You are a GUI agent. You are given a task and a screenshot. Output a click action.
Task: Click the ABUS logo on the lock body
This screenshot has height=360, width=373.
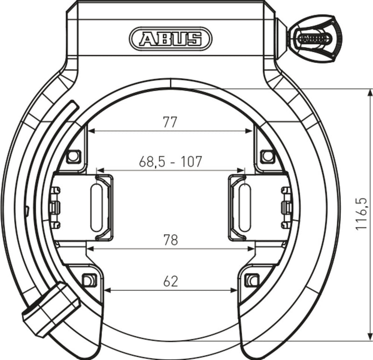pyautogui.click(x=170, y=38)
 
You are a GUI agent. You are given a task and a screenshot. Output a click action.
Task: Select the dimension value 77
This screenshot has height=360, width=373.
pyautogui.click(x=170, y=122)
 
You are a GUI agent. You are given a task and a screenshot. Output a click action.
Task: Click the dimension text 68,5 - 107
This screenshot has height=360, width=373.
pyautogui.click(x=170, y=162)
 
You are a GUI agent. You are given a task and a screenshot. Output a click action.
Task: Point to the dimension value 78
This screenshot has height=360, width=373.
pyautogui.click(x=170, y=240)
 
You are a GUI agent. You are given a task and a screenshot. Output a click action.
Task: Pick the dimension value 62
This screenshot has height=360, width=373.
pyautogui.click(x=171, y=281)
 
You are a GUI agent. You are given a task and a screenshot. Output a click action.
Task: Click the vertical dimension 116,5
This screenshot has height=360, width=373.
pyautogui.click(x=361, y=214)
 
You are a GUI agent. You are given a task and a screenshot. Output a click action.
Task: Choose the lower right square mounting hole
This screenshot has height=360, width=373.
pyautogui.click(x=252, y=280)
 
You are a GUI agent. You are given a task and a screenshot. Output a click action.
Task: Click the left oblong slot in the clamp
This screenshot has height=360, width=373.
pyautogui.click(x=96, y=208)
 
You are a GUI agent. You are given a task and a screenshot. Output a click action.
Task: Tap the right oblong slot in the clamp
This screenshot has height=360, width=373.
pyautogui.click(x=244, y=208)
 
